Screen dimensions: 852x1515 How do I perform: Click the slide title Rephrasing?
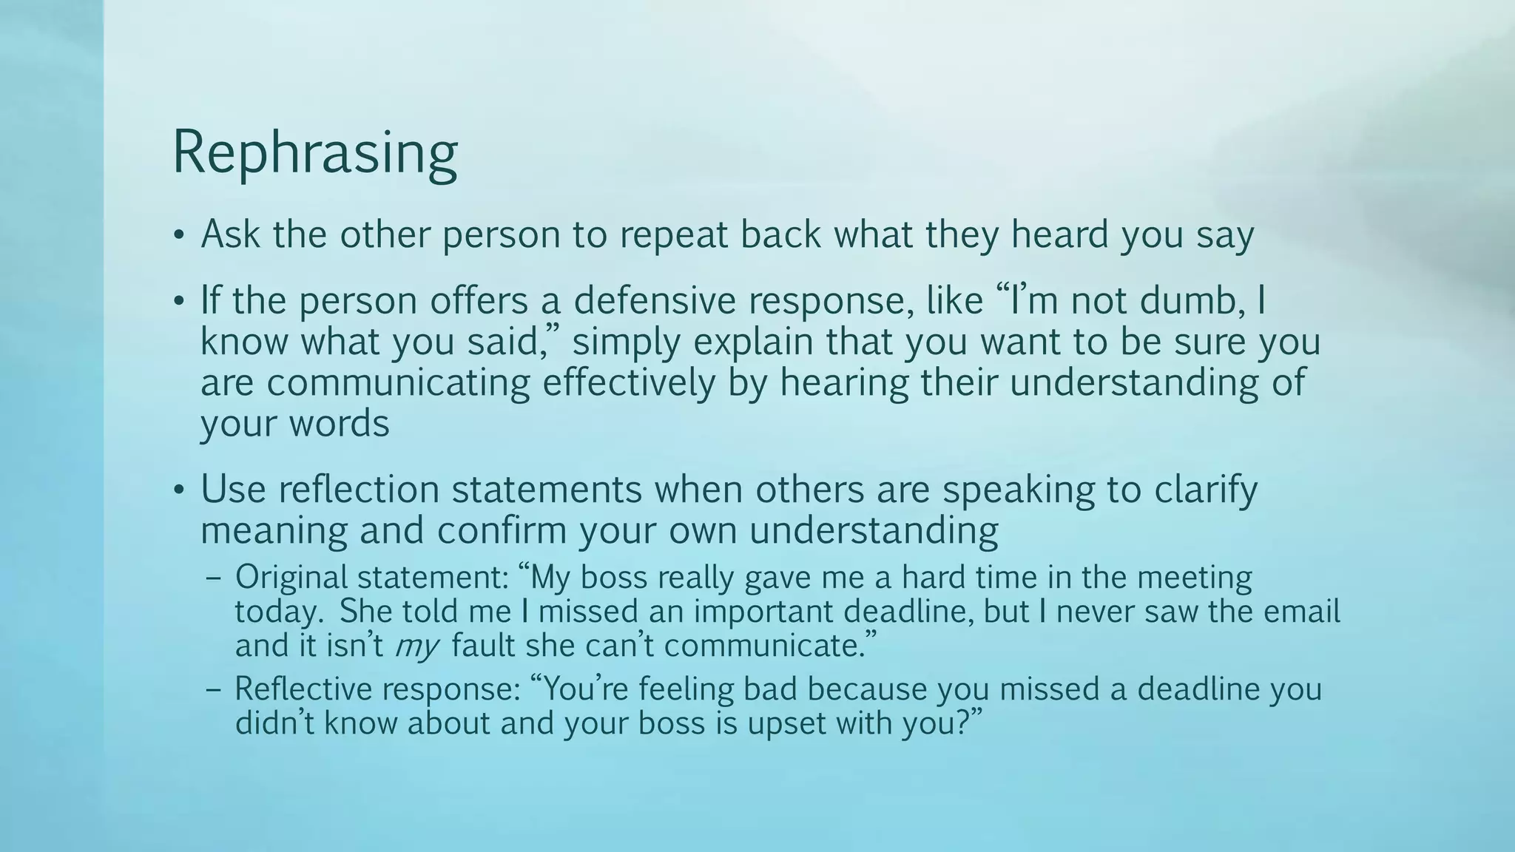314,153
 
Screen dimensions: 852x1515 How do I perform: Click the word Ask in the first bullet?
230,234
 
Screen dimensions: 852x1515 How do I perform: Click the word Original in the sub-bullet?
291,578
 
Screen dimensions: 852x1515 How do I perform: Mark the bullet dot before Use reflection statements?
178,491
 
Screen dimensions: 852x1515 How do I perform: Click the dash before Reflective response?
215,690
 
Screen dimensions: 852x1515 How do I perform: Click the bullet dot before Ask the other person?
178,236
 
